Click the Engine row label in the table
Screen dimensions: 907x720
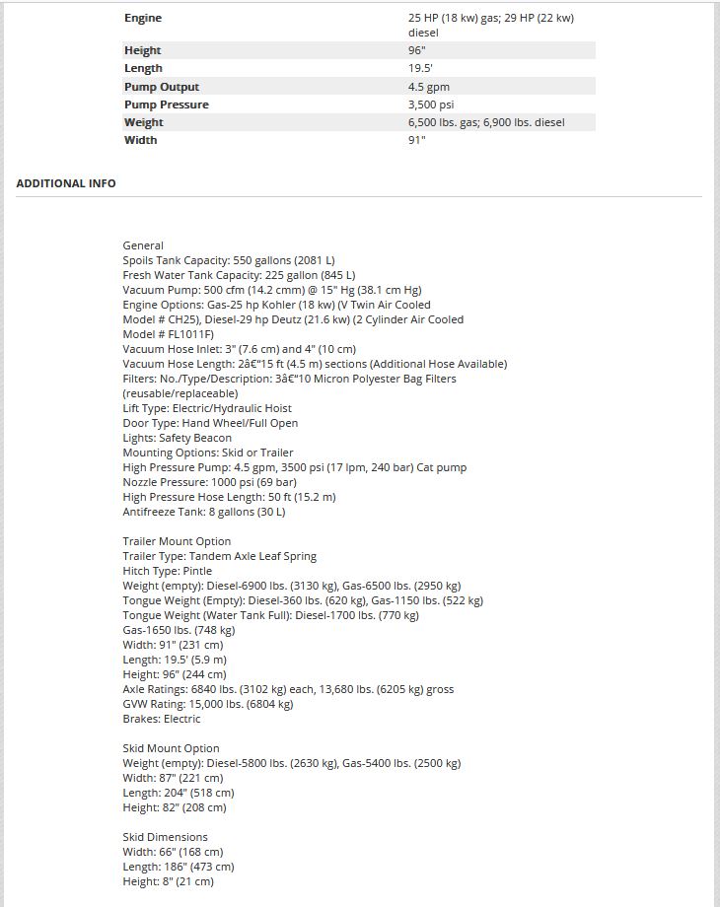click(143, 18)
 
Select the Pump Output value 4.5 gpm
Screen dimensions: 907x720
click(428, 87)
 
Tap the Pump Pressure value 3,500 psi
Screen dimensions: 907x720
click(430, 105)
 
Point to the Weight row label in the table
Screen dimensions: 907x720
click(144, 122)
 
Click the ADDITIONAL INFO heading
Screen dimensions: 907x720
click(66, 183)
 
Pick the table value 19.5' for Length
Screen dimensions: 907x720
click(420, 69)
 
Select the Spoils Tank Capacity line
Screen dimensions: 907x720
click(228, 260)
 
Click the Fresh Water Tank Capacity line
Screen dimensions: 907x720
click(239, 275)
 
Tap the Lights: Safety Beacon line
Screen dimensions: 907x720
click(178, 438)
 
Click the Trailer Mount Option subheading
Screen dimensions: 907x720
click(177, 541)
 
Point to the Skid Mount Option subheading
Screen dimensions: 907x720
click(171, 748)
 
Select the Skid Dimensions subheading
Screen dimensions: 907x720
click(165, 837)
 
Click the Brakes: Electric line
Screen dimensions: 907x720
click(162, 719)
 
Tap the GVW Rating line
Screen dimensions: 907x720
click(208, 704)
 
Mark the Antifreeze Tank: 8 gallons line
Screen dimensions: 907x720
click(204, 512)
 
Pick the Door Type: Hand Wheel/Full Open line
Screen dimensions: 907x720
click(210, 423)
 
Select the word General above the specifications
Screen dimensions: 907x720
click(143, 245)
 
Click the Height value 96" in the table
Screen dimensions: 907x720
click(417, 50)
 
